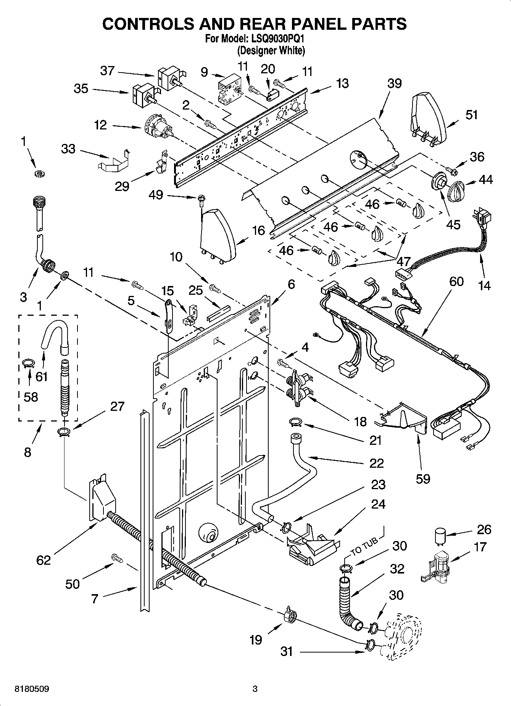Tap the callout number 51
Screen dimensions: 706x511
472,114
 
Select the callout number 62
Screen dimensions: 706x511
44,560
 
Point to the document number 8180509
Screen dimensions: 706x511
32,689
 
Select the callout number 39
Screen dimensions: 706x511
394,83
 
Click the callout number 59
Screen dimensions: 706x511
423,478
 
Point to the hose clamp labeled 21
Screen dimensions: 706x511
295,422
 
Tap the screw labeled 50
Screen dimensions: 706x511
117,558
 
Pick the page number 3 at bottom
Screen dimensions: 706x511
255,689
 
